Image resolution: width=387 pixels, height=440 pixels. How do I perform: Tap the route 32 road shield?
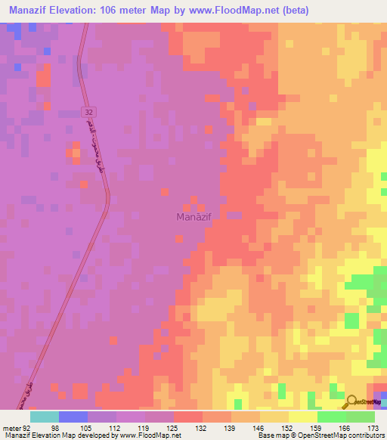tap(88, 112)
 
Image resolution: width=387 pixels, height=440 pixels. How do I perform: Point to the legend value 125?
tap(174, 427)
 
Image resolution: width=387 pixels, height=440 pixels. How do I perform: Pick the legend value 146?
tap(259, 427)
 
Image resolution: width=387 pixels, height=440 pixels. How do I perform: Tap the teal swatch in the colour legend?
tap(45, 417)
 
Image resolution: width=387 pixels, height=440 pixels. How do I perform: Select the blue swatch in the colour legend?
tap(73, 417)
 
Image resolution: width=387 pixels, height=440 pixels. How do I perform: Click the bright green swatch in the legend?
tap(331, 417)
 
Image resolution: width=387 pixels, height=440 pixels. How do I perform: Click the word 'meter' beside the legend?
tap(11, 427)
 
